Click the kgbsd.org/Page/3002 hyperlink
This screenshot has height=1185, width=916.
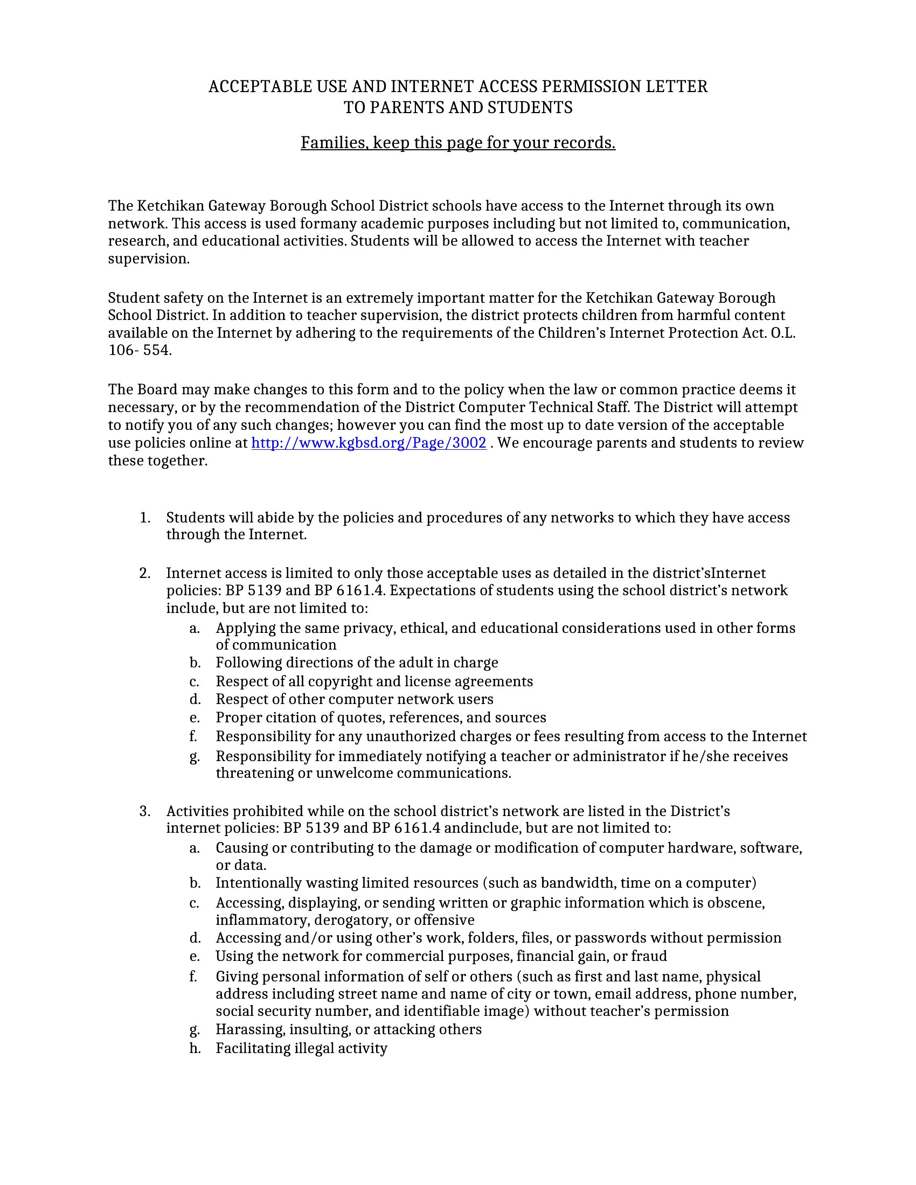(x=369, y=443)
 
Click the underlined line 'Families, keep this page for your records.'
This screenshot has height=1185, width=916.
(x=458, y=143)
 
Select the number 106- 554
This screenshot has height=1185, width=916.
(x=140, y=350)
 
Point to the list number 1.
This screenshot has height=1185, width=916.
(x=144, y=518)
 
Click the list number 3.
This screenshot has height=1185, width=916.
(x=144, y=811)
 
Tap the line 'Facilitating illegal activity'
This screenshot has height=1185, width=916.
(x=301, y=1048)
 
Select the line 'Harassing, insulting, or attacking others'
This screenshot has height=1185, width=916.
(x=349, y=1029)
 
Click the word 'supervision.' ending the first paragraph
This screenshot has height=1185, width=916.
(x=149, y=259)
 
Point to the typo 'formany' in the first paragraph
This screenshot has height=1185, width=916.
(x=328, y=224)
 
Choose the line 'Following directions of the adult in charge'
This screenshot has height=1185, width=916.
(x=357, y=663)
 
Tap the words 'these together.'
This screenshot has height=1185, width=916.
(x=157, y=461)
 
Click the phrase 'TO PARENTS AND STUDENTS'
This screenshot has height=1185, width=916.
(x=458, y=107)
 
